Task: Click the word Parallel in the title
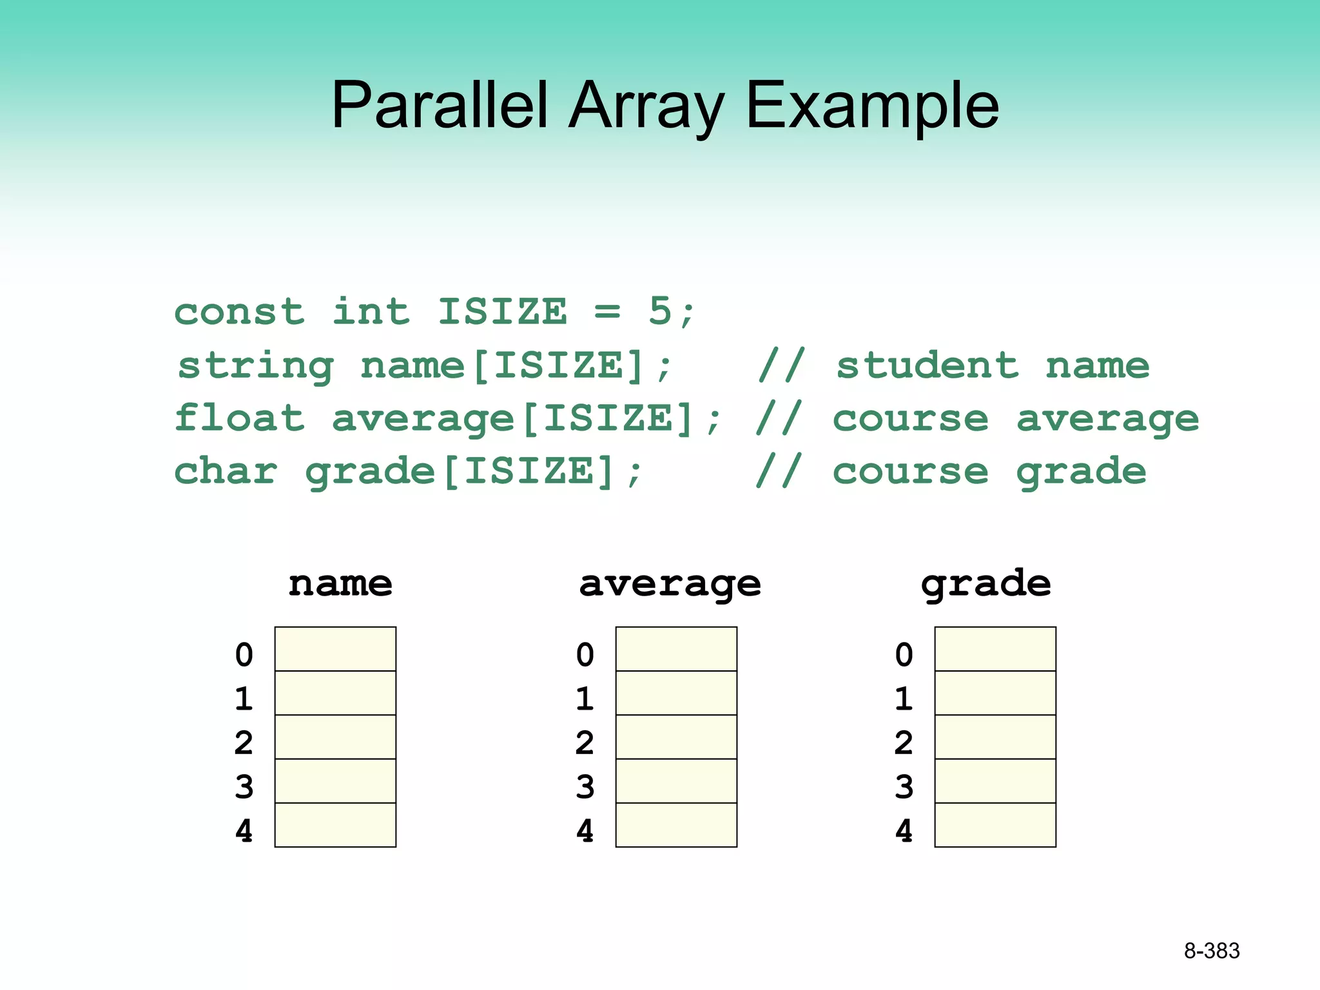[x=440, y=105]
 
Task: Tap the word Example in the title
[x=871, y=105]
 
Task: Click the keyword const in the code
[x=239, y=312]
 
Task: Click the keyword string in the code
[x=256, y=366]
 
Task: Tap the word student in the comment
[x=927, y=365]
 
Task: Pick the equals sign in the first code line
[x=607, y=313]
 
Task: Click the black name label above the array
[x=340, y=583]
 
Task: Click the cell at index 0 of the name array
[x=335, y=649]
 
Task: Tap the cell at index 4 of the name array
[x=335, y=825]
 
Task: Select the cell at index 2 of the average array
[x=676, y=737]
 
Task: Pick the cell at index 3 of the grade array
[x=995, y=781]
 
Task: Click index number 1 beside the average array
[x=585, y=699]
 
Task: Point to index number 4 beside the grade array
[x=904, y=831]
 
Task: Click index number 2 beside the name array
[x=244, y=742]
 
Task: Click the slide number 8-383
[x=1211, y=951]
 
